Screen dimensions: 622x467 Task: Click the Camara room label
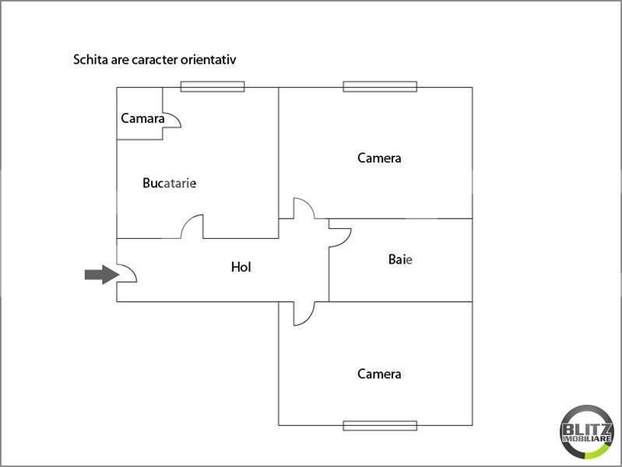click(142, 118)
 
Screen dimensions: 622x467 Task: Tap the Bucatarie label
click(170, 183)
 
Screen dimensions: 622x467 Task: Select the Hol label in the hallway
click(241, 267)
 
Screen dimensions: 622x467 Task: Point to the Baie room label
click(400, 259)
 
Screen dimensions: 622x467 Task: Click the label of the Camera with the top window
click(379, 158)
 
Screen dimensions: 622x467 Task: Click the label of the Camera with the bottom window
click(379, 374)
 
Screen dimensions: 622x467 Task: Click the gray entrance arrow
click(102, 275)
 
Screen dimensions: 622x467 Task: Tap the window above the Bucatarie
click(213, 86)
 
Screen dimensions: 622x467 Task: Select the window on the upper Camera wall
click(380, 86)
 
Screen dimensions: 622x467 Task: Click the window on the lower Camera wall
click(380, 426)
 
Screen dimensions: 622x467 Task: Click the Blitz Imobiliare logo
click(587, 432)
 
